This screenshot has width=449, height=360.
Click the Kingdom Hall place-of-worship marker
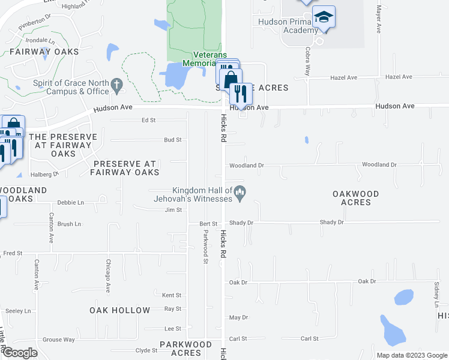(241, 193)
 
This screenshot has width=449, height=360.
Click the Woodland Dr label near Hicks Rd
(247, 165)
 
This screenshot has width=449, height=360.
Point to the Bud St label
(173, 140)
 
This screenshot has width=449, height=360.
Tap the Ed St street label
(148, 120)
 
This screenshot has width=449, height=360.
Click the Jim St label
(173, 210)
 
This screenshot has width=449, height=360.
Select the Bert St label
(208, 223)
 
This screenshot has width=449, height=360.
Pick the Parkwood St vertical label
(205, 247)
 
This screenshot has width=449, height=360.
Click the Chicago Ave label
(108, 275)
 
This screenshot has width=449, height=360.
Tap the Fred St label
(13, 254)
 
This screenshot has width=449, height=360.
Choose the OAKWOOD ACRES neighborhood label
(356, 198)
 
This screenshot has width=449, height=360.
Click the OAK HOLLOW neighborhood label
(120, 310)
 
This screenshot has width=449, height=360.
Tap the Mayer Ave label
(379, 20)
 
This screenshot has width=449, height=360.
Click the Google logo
(20, 353)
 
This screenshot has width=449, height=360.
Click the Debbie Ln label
(70, 203)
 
